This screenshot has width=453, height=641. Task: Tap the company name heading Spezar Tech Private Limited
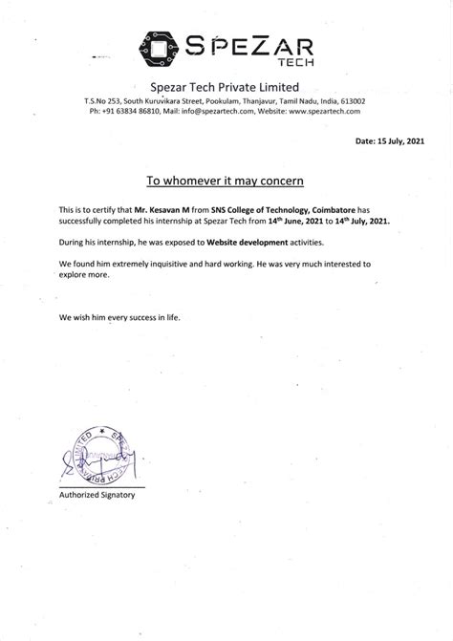(x=226, y=88)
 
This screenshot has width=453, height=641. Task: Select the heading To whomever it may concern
(x=226, y=179)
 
